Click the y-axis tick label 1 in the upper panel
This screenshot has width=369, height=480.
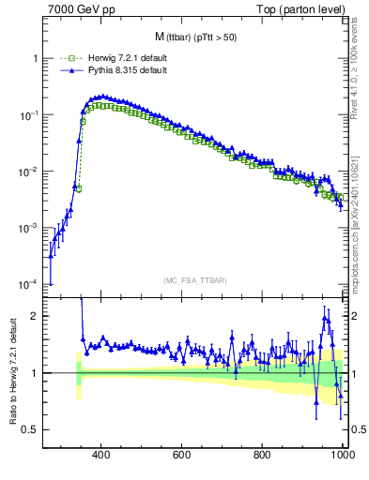tap(35, 58)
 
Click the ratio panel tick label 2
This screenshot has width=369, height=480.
tap(35, 316)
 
